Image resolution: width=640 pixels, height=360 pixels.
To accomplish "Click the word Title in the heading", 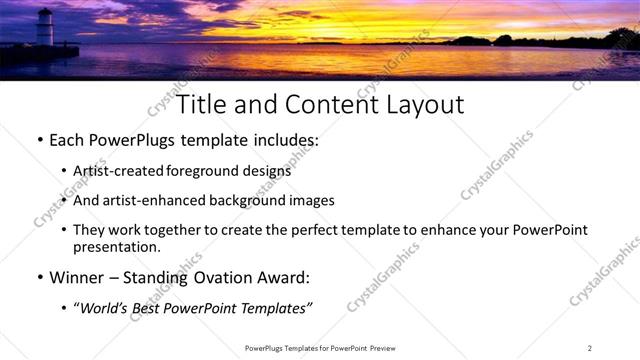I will (203, 103).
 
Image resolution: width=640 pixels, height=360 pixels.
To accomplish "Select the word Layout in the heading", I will (419, 103).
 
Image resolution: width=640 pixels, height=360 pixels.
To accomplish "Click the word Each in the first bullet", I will (67, 141).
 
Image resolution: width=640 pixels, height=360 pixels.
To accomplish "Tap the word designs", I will (270, 171).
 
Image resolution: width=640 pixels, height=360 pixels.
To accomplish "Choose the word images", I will (313, 200).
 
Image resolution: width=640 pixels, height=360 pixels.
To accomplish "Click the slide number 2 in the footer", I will (590, 348).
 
